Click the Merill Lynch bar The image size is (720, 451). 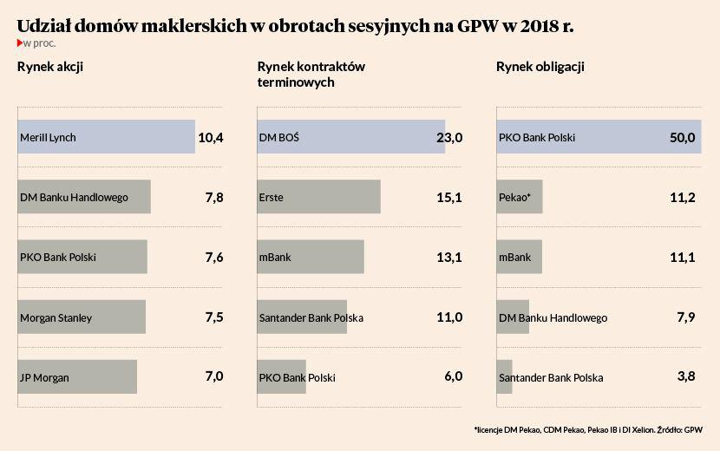coord(106,137)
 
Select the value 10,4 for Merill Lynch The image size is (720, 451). coord(210,137)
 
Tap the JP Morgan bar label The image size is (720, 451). coord(44,377)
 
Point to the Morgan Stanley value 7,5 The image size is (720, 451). coord(214,317)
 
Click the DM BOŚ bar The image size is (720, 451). coord(350,137)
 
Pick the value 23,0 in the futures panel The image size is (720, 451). coord(449,137)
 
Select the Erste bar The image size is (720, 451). coord(318,197)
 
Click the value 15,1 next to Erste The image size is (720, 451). coord(449,197)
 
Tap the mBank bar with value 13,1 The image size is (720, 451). coord(311,257)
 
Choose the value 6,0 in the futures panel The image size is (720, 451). coord(453,376)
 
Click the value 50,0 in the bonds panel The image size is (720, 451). coord(682,137)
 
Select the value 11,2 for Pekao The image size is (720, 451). coord(683,197)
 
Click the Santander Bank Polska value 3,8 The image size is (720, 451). coord(685,376)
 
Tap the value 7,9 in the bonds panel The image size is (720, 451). coord(685,317)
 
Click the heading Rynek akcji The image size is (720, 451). coord(50,67)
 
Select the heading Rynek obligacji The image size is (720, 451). coord(540,67)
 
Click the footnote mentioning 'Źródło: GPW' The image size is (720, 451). coord(588,429)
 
